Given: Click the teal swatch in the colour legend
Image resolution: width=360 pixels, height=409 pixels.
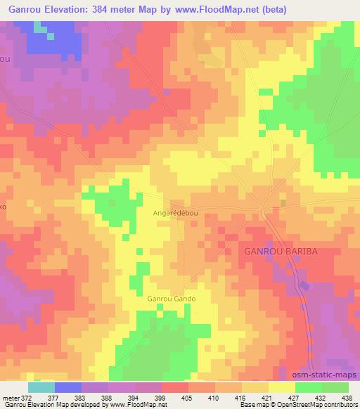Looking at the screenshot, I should tap(41, 387).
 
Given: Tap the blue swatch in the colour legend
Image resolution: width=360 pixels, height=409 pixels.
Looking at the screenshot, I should tap(68, 387).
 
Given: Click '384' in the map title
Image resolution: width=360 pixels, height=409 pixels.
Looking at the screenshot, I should tap(104, 9).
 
